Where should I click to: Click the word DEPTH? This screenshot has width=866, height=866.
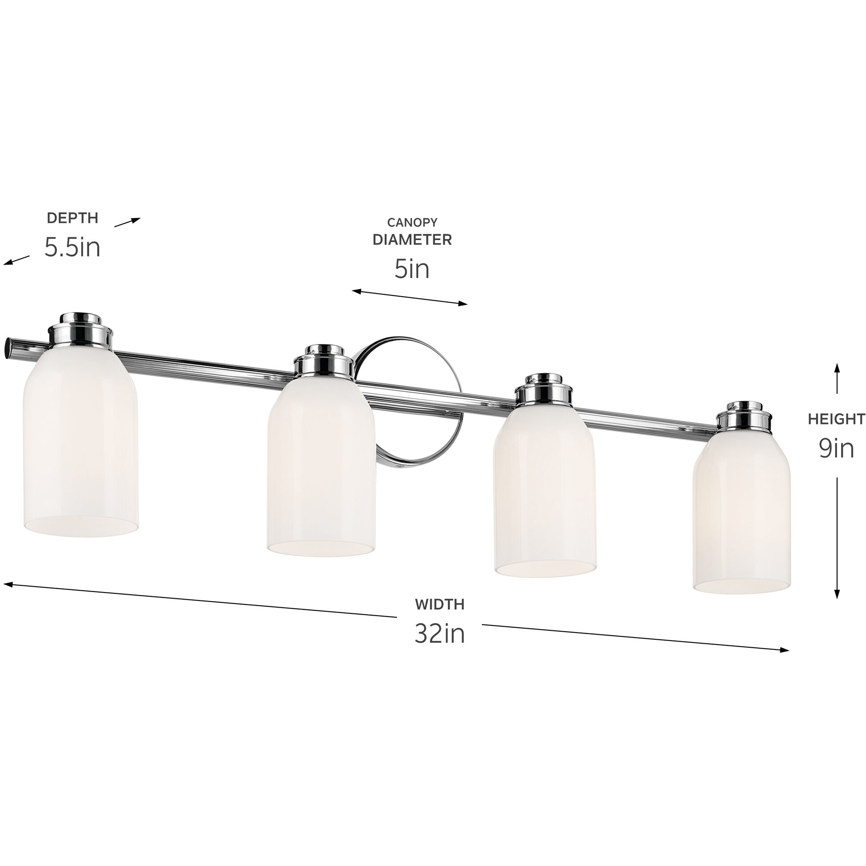coord(72,218)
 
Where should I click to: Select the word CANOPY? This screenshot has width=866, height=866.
coord(412,222)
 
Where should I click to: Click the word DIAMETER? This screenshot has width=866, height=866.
coord(412,240)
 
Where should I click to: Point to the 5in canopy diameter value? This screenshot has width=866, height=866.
coord(412,270)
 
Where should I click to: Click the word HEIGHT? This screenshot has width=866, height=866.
coord(836,419)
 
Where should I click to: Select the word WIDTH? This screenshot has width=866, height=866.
coord(439,604)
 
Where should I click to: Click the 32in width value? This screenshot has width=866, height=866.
coord(439,634)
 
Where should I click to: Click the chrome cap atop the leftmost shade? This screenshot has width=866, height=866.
coord(81,332)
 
